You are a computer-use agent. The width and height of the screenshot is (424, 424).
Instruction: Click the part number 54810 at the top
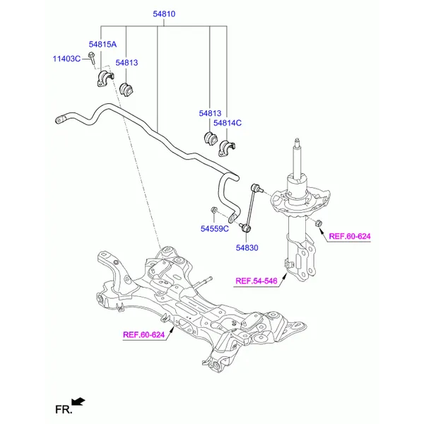pyautogui.click(x=165, y=14)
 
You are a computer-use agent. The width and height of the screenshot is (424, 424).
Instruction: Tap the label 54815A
pyautogui.click(x=102, y=45)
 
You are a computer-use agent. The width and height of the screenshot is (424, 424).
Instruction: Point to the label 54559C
pyautogui.click(x=214, y=228)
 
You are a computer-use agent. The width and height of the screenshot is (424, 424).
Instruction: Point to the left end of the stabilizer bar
pyautogui.click(x=60, y=119)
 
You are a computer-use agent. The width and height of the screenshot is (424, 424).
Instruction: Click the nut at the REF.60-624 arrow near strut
pyautogui.click(x=319, y=224)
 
